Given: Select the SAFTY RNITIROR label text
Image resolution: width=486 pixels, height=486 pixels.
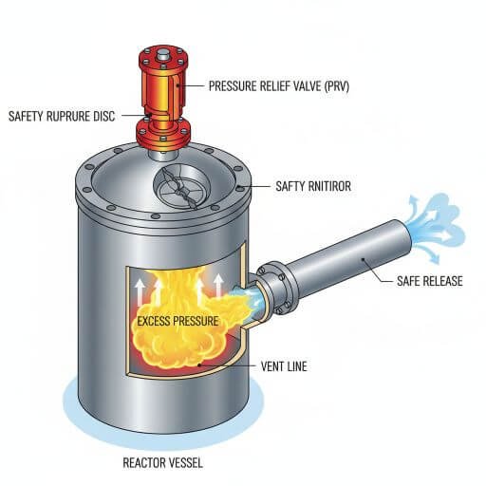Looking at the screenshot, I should coord(313,186).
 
